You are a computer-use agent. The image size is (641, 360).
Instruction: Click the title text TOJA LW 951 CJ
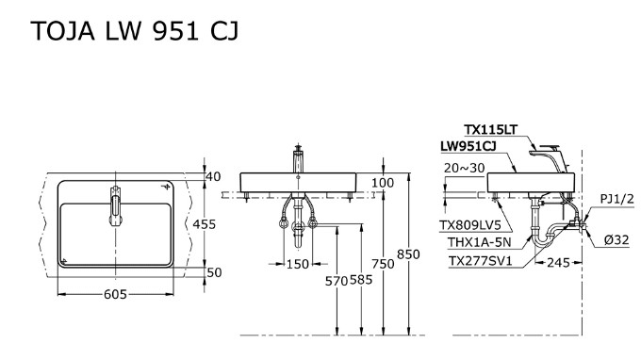[134, 31]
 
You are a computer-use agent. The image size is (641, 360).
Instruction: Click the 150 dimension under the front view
[298, 264]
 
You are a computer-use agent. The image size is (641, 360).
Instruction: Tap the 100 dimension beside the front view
[383, 183]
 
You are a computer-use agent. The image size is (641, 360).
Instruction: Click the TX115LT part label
[490, 130]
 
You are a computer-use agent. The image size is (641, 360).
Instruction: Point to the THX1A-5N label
[482, 242]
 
